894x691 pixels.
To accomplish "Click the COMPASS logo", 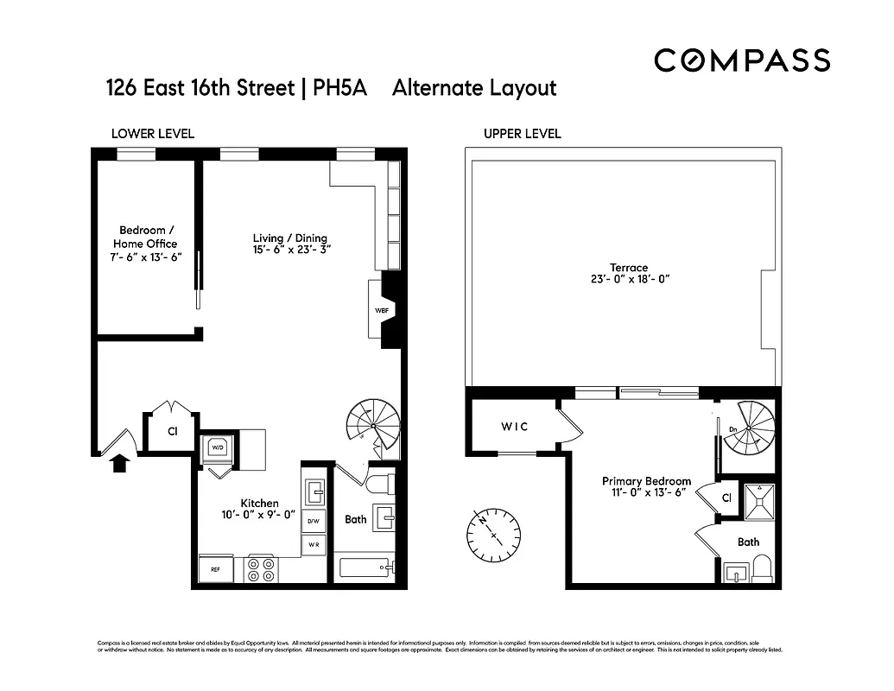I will pyautogui.click(x=741, y=60).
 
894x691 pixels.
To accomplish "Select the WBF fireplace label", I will pyautogui.click(x=381, y=311).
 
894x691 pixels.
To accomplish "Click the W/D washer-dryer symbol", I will pyautogui.click(x=216, y=448).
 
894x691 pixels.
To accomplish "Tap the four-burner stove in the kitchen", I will pyautogui.click(x=261, y=568).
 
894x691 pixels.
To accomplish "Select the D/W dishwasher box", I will pyautogui.click(x=314, y=521).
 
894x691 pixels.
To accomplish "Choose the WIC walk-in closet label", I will pyautogui.click(x=514, y=427).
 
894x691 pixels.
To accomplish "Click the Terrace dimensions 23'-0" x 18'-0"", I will pyautogui.click(x=626, y=279).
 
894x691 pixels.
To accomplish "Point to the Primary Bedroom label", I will pyautogui.click(x=646, y=481).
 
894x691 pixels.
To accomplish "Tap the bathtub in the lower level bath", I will pyautogui.click(x=365, y=568).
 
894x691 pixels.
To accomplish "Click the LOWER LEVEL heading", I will pyautogui.click(x=153, y=133).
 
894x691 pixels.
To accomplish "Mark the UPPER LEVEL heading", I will pyautogui.click(x=522, y=133).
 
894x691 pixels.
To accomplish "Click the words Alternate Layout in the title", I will pyautogui.click(x=474, y=88).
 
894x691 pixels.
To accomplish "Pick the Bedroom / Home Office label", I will pyautogui.click(x=147, y=237).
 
